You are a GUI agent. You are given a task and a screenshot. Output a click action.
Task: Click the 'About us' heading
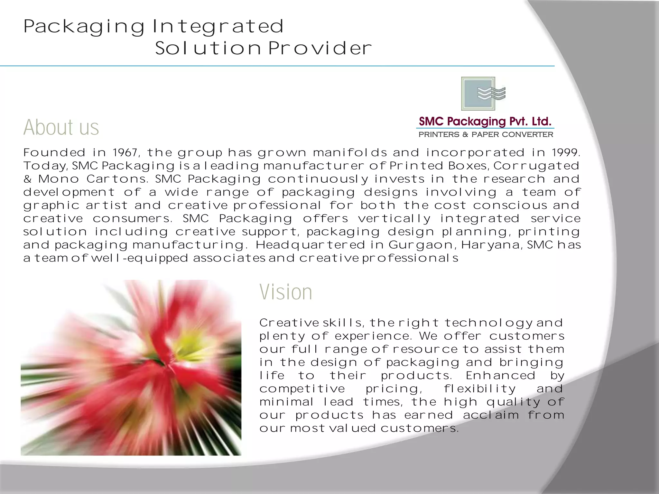pos(61,127)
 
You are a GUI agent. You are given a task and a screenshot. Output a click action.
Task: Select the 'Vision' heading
pos(286,292)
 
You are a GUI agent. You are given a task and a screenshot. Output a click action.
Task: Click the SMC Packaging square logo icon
pos(483,94)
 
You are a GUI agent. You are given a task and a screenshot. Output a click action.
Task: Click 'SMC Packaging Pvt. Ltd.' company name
pos(485,122)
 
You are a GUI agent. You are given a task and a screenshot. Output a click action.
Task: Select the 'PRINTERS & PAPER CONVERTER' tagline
pos(486,134)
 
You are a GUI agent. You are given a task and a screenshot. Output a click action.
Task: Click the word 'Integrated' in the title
pos(218,26)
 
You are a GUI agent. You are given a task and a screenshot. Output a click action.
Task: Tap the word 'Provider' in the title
pos(320,49)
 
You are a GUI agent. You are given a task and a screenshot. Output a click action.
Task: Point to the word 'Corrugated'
pos(537,166)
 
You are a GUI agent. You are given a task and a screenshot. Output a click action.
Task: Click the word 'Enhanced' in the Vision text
pos(501,376)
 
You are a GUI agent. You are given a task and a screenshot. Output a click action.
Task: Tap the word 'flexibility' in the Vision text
pos(480,389)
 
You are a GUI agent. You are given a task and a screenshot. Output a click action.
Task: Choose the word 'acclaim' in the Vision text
pos(491,415)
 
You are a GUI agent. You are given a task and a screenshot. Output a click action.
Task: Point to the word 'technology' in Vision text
pos(488,323)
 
